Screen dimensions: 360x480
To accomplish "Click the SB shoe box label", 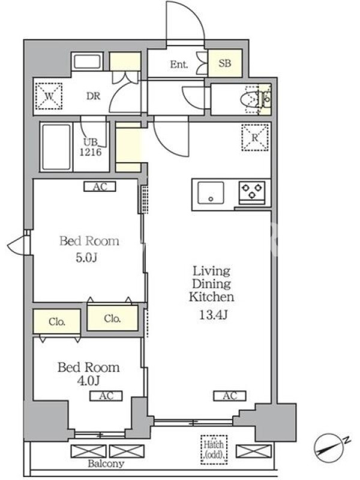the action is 224,63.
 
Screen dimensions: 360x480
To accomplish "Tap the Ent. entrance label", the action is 179,64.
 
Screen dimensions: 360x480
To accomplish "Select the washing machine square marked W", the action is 49,96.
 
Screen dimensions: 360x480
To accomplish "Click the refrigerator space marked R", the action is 255,137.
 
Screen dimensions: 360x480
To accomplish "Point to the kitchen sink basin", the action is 211,193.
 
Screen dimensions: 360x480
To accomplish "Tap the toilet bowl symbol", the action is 249,99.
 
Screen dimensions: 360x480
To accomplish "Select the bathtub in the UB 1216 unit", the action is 56,147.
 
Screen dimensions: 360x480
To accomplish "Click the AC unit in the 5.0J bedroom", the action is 100,187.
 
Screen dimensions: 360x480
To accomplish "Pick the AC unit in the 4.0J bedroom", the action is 106,396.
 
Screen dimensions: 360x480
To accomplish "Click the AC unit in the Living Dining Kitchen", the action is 230,396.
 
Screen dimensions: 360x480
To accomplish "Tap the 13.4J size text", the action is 213,314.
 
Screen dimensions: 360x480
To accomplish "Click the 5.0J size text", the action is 86,258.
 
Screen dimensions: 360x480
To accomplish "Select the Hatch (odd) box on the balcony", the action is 214,449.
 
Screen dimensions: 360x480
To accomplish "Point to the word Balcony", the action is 106,464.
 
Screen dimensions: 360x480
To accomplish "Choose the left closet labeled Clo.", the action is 57,322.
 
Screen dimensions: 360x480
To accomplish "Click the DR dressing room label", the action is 94,96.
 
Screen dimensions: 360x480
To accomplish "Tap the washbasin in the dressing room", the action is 87,61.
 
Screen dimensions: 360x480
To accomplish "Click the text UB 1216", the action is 91,147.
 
